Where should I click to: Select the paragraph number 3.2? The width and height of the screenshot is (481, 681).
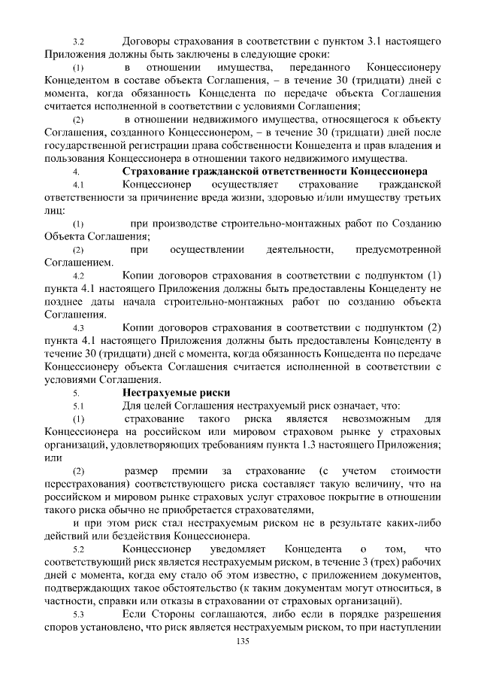click(x=77, y=40)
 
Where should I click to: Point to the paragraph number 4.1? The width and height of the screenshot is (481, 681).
click(x=77, y=185)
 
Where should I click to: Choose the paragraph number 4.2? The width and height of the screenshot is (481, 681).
click(x=77, y=276)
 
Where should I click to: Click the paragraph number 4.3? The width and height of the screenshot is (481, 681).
click(x=77, y=328)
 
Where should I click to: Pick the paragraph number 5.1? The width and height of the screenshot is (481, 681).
click(x=77, y=406)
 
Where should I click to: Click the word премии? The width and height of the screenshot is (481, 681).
click(x=186, y=471)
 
